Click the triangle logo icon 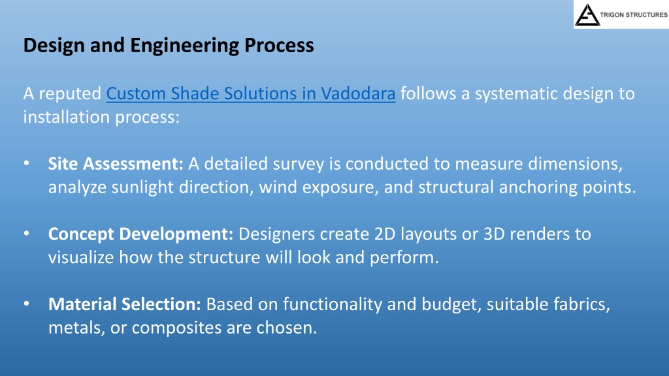tap(587, 15)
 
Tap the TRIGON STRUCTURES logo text tap(634, 15)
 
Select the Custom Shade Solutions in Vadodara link tap(251, 93)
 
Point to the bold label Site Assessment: tap(116, 164)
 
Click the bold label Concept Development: tap(141, 234)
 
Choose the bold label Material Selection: tap(125, 304)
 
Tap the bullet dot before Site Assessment tap(27, 163)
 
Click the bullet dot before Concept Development tap(27, 234)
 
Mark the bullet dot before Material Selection tap(27, 304)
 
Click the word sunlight tap(142, 187)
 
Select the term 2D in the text tap(385, 234)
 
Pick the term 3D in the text tap(494, 234)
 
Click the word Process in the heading tap(279, 46)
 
